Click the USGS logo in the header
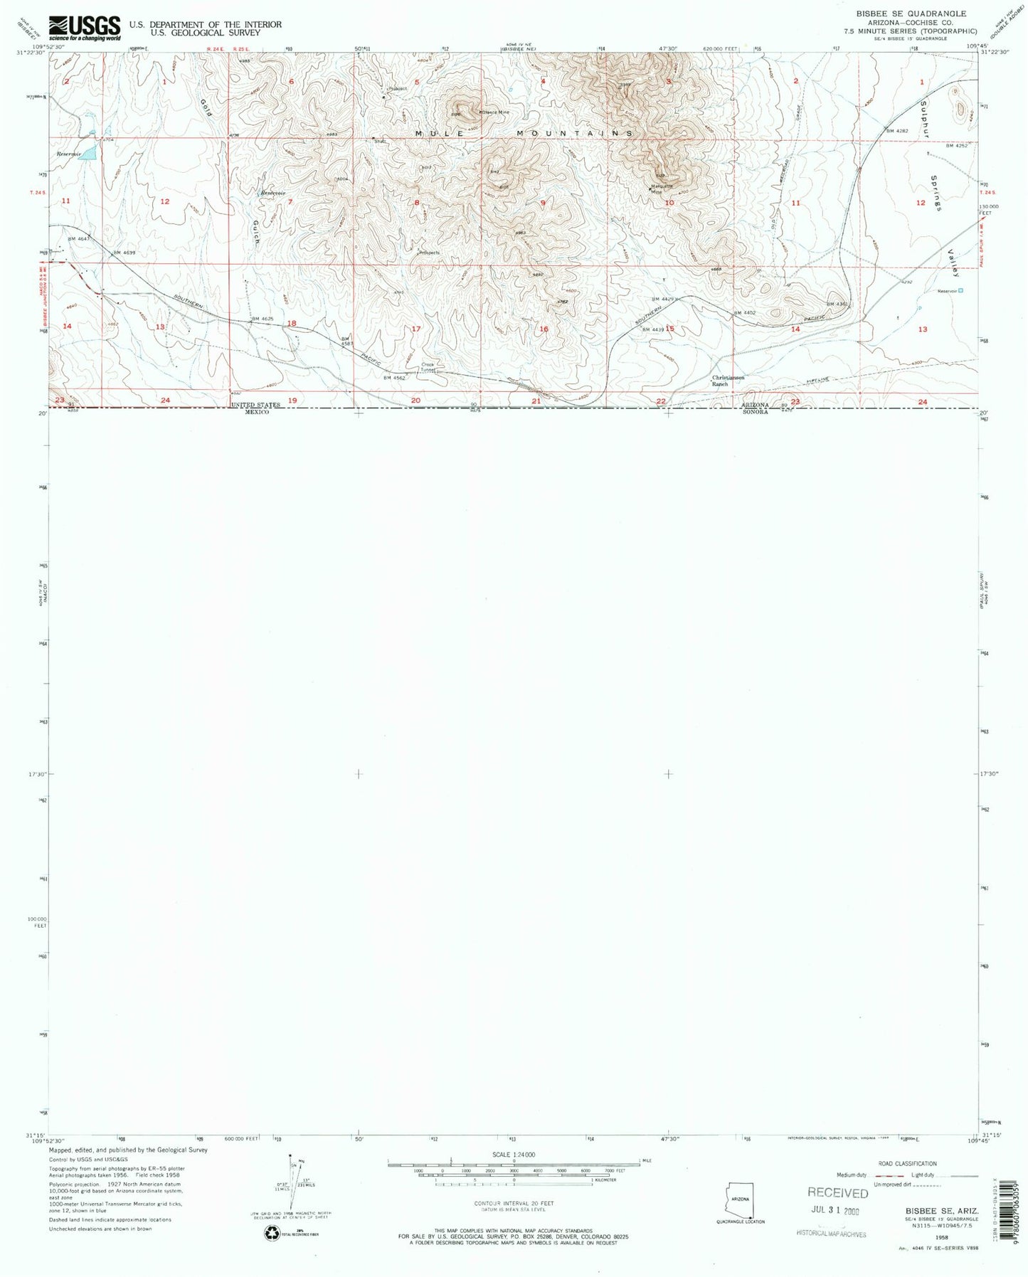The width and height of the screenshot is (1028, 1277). click(84, 28)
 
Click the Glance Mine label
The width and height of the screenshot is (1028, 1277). click(496, 112)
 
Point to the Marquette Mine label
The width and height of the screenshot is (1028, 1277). click(662, 189)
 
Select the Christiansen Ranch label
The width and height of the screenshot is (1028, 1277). click(728, 381)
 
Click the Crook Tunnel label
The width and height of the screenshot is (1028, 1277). click(428, 367)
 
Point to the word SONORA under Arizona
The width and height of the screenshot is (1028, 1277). click(755, 412)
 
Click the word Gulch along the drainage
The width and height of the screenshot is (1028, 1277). click(256, 232)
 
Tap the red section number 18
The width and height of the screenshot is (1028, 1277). click(292, 324)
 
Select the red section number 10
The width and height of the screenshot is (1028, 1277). click(669, 203)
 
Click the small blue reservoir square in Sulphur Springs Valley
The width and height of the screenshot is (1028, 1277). click(961, 290)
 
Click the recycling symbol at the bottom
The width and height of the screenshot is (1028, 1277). click(272, 1234)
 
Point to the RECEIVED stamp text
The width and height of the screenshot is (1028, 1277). click(837, 1193)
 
